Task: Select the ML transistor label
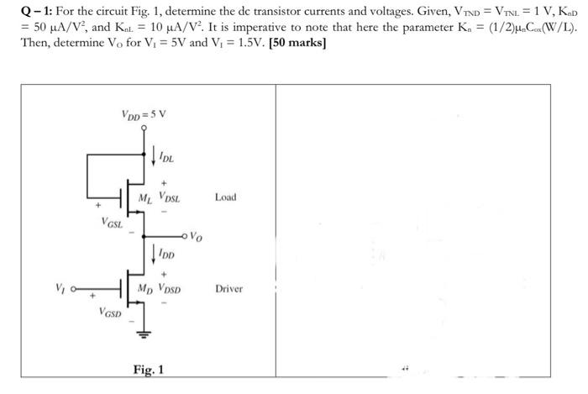coord(146,198)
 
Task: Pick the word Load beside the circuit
coord(226,197)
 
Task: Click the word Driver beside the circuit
coord(228,289)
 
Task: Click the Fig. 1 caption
coord(148,370)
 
